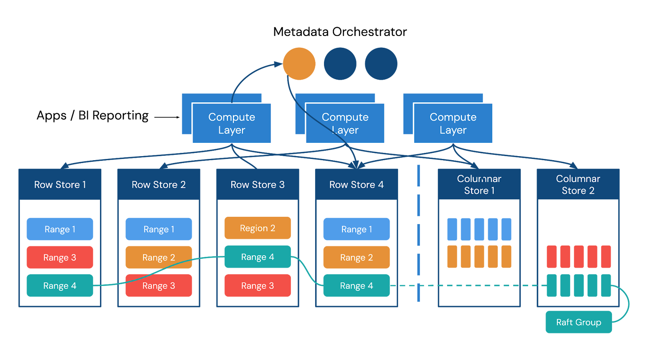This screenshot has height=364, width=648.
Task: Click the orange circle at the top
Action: pos(299,64)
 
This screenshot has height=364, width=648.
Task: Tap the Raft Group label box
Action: pos(578,322)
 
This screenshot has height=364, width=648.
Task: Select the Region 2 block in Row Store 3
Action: pos(258,228)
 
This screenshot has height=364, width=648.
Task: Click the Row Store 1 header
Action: pos(60,184)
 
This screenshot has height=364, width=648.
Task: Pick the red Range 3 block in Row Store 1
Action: pos(60,257)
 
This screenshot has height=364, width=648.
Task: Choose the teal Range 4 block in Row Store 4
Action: pos(356,286)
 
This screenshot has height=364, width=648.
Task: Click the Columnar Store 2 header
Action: pos(578,184)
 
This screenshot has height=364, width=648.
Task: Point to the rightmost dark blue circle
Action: pos(381,64)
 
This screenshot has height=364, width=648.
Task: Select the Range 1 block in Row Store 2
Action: pos(159,229)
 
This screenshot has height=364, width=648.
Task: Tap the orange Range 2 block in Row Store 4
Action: pos(356,257)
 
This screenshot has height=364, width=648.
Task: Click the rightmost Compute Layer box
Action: pos(453,123)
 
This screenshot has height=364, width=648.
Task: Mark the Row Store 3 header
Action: pos(258,184)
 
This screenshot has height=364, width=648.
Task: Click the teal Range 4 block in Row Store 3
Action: pos(258,257)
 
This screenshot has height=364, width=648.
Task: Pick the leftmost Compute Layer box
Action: pos(231,123)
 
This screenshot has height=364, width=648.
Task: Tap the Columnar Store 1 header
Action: pos(479,184)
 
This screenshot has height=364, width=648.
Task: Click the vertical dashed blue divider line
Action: pos(418,235)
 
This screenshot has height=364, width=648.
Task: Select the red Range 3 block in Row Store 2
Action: pos(159,286)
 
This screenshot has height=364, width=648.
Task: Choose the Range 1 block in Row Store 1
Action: pos(60,229)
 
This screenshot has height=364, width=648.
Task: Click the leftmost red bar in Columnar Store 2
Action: pos(552,257)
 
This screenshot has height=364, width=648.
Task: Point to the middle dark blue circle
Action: pos(340,64)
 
